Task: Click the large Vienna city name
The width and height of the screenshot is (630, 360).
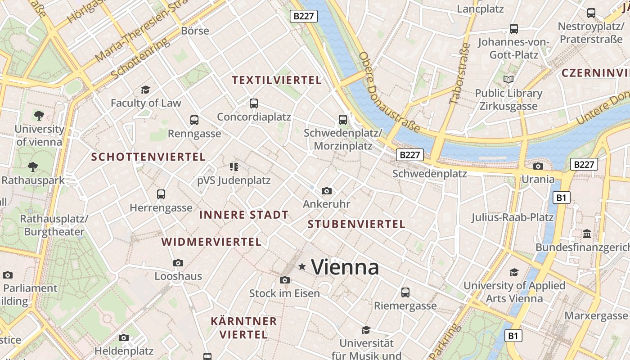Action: (x=345, y=267)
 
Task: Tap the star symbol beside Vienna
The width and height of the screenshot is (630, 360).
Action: (x=302, y=267)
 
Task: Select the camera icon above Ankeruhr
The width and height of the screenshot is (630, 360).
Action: (x=327, y=191)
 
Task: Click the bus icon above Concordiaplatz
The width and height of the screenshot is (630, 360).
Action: (x=254, y=103)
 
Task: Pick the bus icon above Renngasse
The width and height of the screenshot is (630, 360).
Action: (x=194, y=120)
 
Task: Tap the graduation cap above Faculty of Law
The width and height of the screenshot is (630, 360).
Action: (x=145, y=90)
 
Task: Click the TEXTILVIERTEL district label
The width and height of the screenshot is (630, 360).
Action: (x=277, y=81)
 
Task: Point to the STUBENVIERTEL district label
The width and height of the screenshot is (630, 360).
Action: (x=356, y=224)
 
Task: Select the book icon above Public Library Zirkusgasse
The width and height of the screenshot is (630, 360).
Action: (x=508, y=80)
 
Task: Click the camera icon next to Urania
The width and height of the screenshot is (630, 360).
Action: (x=538, y=166)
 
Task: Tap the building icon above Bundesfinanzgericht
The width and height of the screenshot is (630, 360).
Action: (x=587, y=234)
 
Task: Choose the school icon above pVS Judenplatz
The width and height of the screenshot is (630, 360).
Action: (x=234, y=167)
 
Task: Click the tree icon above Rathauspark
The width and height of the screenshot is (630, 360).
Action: (x=32, y=167)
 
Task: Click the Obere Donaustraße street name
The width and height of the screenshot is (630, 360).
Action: (x=390, y=93)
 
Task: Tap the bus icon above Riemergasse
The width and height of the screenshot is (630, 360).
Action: (x=405, y=292)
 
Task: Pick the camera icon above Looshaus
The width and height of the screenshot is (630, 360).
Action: (x=178, y=263)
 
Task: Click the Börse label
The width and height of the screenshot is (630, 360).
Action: (x=195, y=31)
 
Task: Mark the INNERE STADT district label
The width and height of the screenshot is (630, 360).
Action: (x=243, y=215)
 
